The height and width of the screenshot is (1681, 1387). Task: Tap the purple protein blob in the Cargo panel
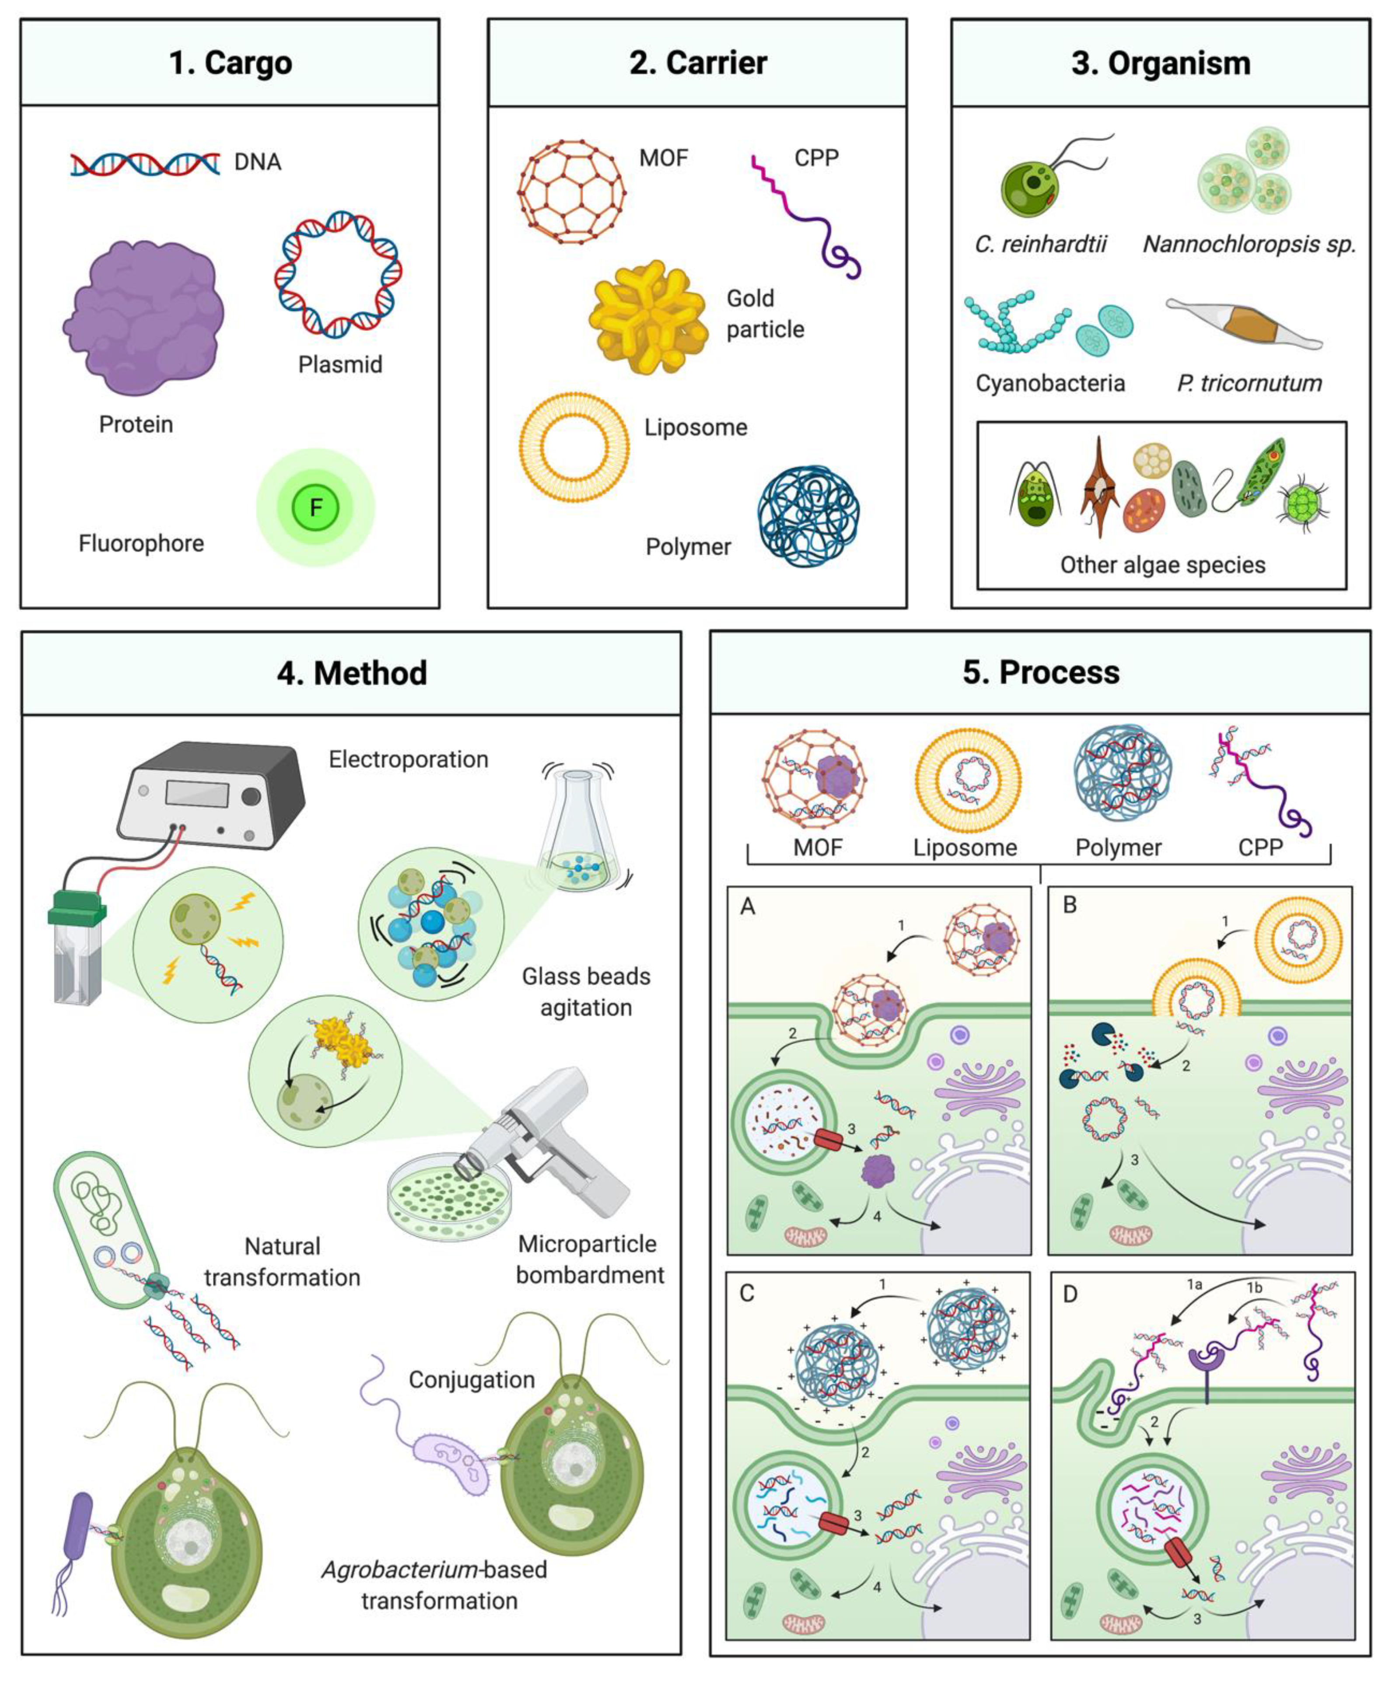click(x=144, y=318)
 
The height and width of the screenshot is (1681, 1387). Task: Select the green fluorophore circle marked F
click(x=316, y=507)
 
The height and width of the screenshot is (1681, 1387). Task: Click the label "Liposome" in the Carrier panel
click(x=696, y=427)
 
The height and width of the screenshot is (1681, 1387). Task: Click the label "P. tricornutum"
click(x=1249, y=384)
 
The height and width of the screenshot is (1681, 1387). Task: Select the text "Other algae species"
click(x=1163, y=565)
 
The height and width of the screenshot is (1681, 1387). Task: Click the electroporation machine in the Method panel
click(x=212, y=795)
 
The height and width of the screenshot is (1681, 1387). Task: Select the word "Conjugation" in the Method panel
click(x=471, y=1380)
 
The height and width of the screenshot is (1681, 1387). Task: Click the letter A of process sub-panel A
click(x=748, y=906)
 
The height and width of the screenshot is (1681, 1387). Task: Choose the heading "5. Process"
click(x=1040, y=673)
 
